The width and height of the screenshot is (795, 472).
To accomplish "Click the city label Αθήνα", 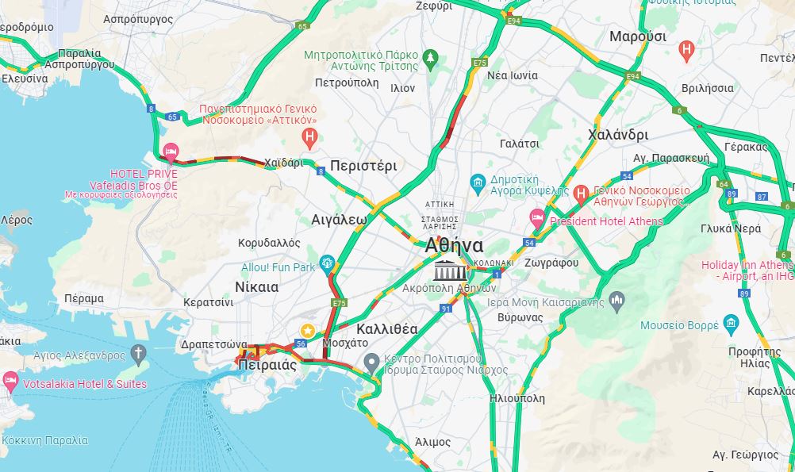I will pyautogui.click(x=454, y=245).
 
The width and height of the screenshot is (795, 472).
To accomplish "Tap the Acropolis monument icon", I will pyautogui.click(x=444, y=271).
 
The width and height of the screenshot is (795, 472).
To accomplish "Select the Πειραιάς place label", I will pyautogui.click(x=267, y=366).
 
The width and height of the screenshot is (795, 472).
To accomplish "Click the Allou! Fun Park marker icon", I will pyautogui.click(x=327, y=263).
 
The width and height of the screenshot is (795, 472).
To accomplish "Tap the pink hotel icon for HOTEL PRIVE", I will pyautogui.click(x=170, y=152).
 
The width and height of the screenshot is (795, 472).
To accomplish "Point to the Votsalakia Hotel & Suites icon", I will pyautogui.click(x=10, y=382).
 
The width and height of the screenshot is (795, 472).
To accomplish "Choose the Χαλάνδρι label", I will pyautogui.click(x=618, y=135).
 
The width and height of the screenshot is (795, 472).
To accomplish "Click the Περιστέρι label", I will pyautogui.click(x=363, y=166).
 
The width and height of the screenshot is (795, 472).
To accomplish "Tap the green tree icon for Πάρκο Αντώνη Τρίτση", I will pyautogui.click(x=431, y=57).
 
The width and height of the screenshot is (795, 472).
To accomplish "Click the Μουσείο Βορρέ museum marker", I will pyautogui.click(x=731, y=324).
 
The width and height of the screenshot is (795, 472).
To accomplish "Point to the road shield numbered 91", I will pyautogui.click(x=446, y=308).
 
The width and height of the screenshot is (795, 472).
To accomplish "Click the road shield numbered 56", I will pyautogui.click(x=300, y=343).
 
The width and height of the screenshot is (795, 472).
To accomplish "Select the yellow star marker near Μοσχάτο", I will pyautogui.click(x=306, y=330).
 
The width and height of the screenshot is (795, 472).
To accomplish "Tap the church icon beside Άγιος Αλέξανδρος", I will pyautogui.click(x=139, y=352).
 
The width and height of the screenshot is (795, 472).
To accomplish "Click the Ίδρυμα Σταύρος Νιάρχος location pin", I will pyautogui.click(x=371, y=363).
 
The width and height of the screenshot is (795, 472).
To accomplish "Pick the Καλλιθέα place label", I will pyautogui.click(x=387, y=328).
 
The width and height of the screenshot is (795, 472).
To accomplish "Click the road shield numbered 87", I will pyautogui.click(x=762, y=196).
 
